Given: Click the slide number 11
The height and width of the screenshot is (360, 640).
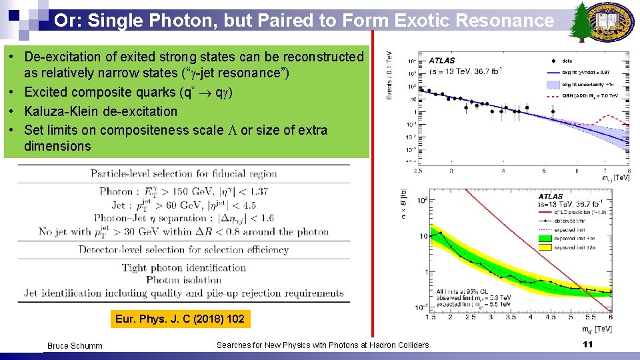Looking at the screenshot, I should point(587,344).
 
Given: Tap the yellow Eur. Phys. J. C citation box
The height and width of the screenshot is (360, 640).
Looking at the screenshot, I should point(180,319).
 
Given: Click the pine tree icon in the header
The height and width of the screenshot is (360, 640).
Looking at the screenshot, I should point(581,21).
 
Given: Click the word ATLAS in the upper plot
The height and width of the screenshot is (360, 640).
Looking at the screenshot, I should point(442,61).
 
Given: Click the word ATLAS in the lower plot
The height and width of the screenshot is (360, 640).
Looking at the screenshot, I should point(551,197).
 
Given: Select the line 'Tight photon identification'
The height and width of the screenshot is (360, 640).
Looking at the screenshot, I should point(184,268).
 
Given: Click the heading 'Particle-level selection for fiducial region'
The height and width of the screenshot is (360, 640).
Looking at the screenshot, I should point(184,174).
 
